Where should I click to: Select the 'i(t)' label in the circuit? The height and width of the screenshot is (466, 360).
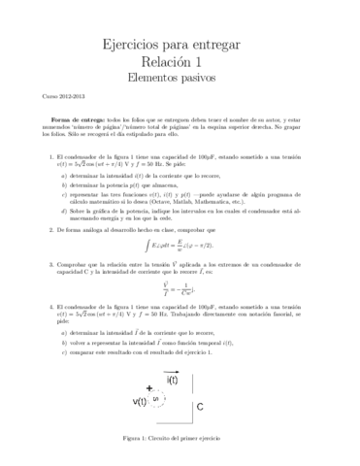pyautogui.click(x=173, y=380)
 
